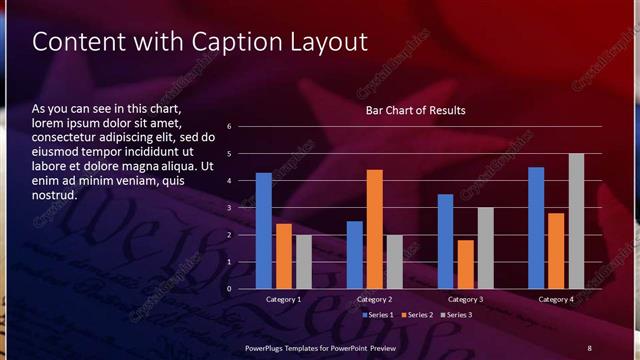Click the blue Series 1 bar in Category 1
click(x=264, y=231)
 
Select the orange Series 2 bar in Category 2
click(x=374, y=229)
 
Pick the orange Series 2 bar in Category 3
click(x=465, y=264)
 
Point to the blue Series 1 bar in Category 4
click(x=536, y=228)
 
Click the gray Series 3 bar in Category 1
click(x=303, y=262)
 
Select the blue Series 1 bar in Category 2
click(x=355, y=255)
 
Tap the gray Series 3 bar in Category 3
click(x=485, y=248)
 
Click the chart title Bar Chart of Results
click(x=415, y=110)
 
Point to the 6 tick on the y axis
click(x=229, y=127)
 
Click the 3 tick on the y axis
click(x=229, y=208)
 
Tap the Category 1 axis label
click(x=284, y=299)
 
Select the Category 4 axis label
click(x=556, y=299)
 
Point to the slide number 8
click(x=589, y=347)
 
